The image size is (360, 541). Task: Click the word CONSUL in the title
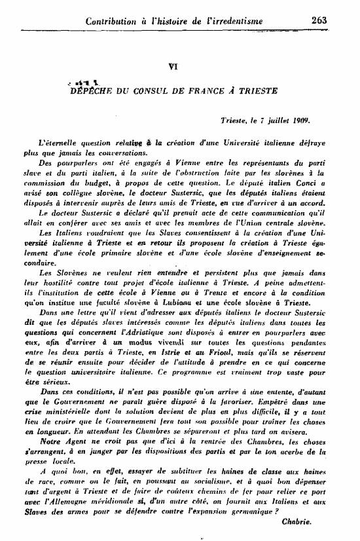tap(159, 91)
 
